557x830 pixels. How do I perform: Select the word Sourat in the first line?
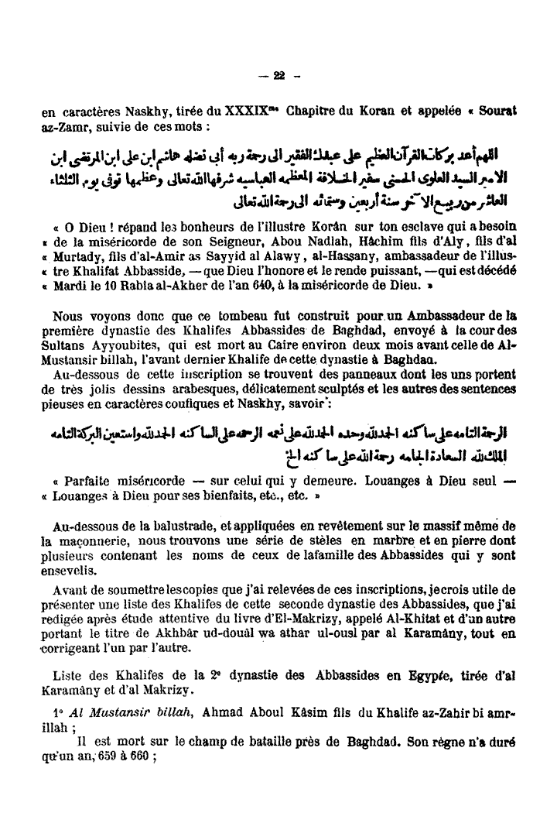[x=494, y=111]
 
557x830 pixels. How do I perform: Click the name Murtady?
[x=85, y=253]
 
